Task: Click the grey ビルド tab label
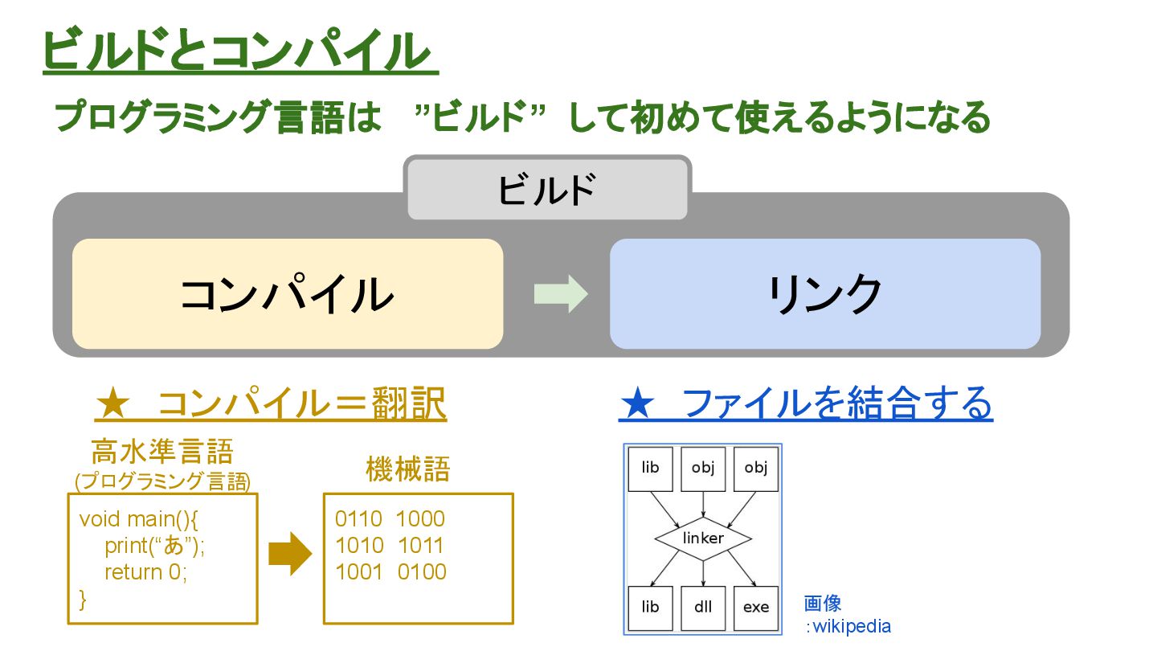(547, 190)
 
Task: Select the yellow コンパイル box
(287, 294)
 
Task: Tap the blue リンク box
(825, 294)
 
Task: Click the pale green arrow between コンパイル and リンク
(560, 294)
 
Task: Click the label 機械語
(407, 469)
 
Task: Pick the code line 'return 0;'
(145, 572)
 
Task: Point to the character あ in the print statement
(174, 546)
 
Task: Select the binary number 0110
(359, 518)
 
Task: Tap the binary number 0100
(421, 572)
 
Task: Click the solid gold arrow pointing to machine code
(289, 554)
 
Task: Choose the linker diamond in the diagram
(703, 538)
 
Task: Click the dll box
(703, 607)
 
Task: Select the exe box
(756, 607)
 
